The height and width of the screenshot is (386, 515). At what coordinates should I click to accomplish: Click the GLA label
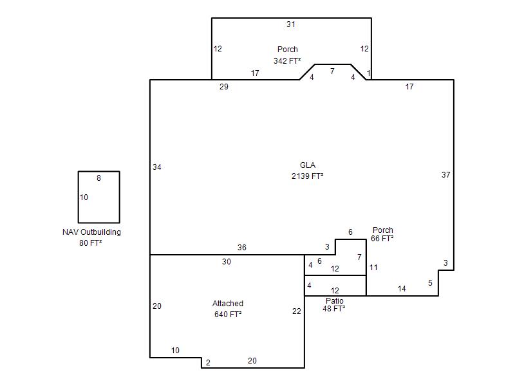(x=308, y=165)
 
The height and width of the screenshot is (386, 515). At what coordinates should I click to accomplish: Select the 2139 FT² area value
(x=308, y=176)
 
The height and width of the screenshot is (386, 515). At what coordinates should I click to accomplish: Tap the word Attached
(x=228, y=303)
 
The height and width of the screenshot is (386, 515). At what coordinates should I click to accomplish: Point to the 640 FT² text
(x=228, y=314)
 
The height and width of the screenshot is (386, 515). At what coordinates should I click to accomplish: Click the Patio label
(x=334, y=300)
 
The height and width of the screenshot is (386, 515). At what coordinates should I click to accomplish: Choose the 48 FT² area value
(x=333, y=309)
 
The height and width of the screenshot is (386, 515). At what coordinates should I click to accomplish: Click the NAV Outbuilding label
(x=91, y=232)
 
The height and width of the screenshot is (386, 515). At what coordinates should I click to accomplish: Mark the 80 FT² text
(x=90, y=243)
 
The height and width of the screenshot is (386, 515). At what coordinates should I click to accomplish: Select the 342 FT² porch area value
(x=287, y=60)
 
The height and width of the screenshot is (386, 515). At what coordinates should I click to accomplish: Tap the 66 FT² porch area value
(x=382, y=238)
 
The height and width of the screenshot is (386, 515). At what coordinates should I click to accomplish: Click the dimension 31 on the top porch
(x=291, y=24)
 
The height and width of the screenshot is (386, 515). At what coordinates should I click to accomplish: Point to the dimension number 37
(x=445, y=174)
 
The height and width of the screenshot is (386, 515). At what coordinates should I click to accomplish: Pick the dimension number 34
(x=157, y=167)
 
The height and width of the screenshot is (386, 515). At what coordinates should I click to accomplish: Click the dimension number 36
(x=242, y=248)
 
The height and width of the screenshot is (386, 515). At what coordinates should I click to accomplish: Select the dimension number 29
(x=223, y=87)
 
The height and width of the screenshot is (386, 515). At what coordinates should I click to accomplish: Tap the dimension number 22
(x=297, y=311)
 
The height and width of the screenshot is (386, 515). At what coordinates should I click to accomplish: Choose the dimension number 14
(x=402, y=288)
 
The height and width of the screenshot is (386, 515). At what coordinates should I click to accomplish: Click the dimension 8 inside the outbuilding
(x=98, y=178)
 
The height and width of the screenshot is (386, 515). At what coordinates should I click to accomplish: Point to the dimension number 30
(x=227, y=262)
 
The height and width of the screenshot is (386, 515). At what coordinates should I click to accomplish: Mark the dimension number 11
(x=373, y=268)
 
